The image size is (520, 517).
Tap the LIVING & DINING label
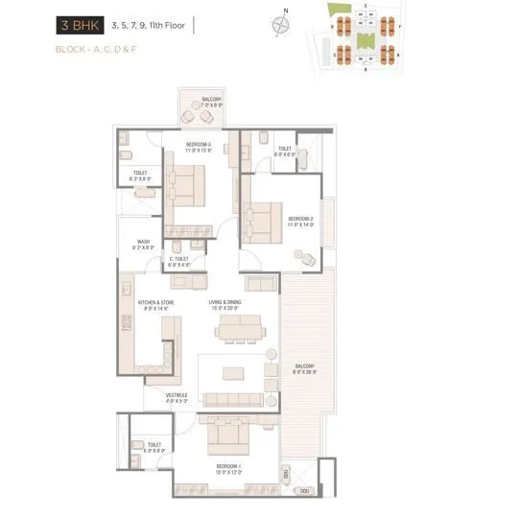[231, 306]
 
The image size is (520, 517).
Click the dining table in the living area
[240, 332]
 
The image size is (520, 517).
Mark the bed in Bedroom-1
[230, 435]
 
